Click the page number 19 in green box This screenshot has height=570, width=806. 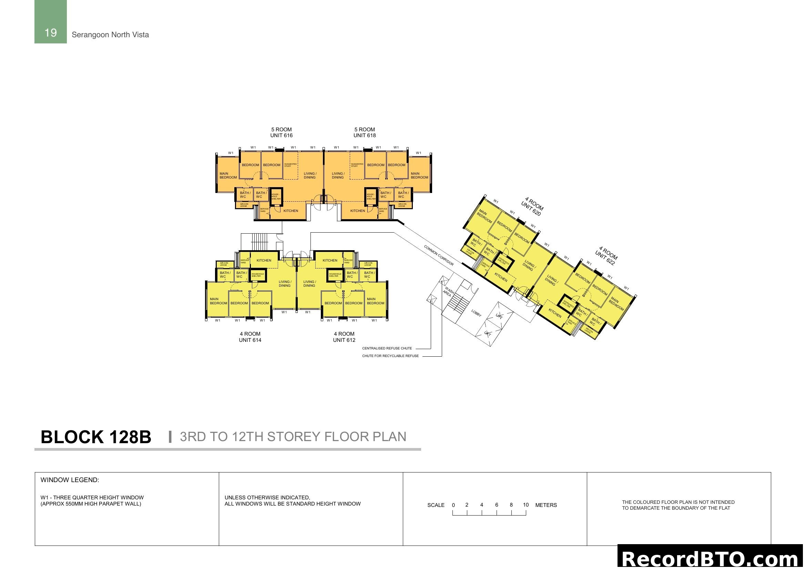(51, 33)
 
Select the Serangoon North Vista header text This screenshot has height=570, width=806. (110, 35)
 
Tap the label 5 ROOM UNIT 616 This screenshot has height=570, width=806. (281, 132)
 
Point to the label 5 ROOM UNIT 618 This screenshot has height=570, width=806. (364, 132)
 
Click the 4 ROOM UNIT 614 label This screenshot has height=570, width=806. (250, 337)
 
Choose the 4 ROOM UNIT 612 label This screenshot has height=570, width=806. (344, 337)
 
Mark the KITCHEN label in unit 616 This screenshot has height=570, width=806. (291, 211)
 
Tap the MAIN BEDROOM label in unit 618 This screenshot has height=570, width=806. (419, 175)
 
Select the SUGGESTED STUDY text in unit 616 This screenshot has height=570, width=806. (290, 165)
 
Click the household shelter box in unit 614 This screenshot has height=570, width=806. (258, 275)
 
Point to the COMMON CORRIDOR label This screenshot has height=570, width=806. (439, 255)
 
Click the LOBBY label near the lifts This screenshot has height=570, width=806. (476, 313)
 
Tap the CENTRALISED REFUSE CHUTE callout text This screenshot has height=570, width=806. (387, 348)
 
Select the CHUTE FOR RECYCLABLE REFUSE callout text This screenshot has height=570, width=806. (390, 356)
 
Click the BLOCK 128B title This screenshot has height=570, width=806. (96, 437)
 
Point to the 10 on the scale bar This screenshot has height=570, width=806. (526, 505)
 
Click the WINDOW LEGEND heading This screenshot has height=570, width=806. (70, 480)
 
